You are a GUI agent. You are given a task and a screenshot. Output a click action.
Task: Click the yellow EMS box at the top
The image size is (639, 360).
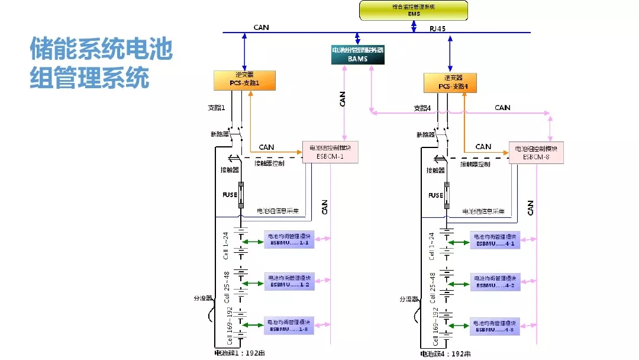click(413, 9)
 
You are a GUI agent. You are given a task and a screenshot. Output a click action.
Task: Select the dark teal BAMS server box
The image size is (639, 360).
click(357, 54)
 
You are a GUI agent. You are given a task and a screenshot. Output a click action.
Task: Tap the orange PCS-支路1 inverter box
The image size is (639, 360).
click(244, 81)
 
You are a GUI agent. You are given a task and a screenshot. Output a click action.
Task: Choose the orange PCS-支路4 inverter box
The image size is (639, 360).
click(450, 82)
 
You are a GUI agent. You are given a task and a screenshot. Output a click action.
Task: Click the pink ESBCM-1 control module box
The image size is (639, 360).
click(331, 152)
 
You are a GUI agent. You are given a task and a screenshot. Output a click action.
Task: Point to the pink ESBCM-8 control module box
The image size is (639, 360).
click(537, 152)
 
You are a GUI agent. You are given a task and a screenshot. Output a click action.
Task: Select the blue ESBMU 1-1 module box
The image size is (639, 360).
click(289, 240)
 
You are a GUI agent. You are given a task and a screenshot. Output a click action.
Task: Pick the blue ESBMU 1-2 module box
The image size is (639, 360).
click(289, 281)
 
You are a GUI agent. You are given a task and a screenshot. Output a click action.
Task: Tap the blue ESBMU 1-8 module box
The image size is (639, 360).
click(289, 325)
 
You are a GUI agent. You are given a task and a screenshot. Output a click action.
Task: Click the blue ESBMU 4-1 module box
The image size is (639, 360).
click(495, 240)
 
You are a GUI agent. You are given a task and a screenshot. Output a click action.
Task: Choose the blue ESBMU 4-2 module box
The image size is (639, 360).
click(495, 282)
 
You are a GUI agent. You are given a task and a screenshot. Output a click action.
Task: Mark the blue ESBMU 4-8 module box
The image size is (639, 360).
click(495, 326)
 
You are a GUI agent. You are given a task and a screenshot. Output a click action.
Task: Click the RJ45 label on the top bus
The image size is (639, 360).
click(438, 28)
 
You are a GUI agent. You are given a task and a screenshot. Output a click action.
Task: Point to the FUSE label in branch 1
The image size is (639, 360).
click(230, 195)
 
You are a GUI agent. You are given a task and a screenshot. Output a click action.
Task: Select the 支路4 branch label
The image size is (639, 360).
click(421, 108)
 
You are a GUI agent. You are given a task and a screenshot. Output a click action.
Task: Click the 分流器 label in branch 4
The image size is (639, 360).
click(409, 298)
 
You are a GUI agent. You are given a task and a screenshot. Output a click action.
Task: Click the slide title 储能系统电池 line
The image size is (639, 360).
click(101, 49)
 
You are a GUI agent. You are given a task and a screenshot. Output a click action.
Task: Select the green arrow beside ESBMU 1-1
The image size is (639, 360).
click(253, 241)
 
